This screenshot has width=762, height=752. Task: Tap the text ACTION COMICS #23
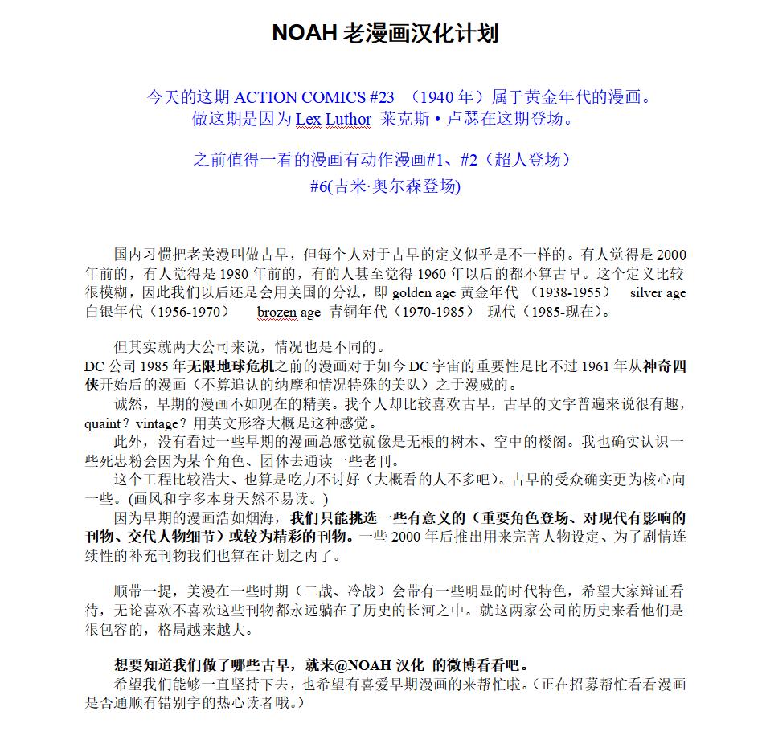point(313,98)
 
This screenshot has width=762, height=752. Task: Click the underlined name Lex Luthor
point(333,120)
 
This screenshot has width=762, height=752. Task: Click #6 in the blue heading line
point(320,186)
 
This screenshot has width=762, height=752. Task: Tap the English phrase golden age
point(424,293)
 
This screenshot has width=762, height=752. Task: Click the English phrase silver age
point(658,293)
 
